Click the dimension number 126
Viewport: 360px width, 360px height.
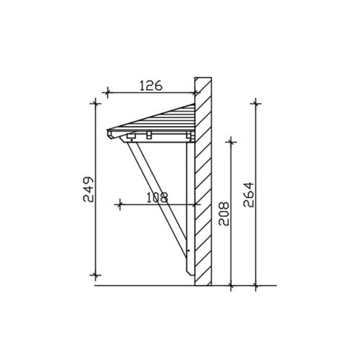pos(151,86)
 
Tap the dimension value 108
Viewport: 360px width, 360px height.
pos(157,198)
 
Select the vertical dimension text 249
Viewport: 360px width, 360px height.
pos(88,189)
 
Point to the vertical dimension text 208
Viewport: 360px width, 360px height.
pos(224,214)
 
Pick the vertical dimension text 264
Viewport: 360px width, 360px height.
pos(248,195)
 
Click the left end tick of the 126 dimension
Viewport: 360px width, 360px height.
pos(107,92)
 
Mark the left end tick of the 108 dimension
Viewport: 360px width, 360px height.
pos(120,204)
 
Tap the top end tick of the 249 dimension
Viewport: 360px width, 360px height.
pos(96,104)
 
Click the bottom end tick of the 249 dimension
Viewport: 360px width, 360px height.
pos(96,275)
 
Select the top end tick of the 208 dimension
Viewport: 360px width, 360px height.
pos(231,142)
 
